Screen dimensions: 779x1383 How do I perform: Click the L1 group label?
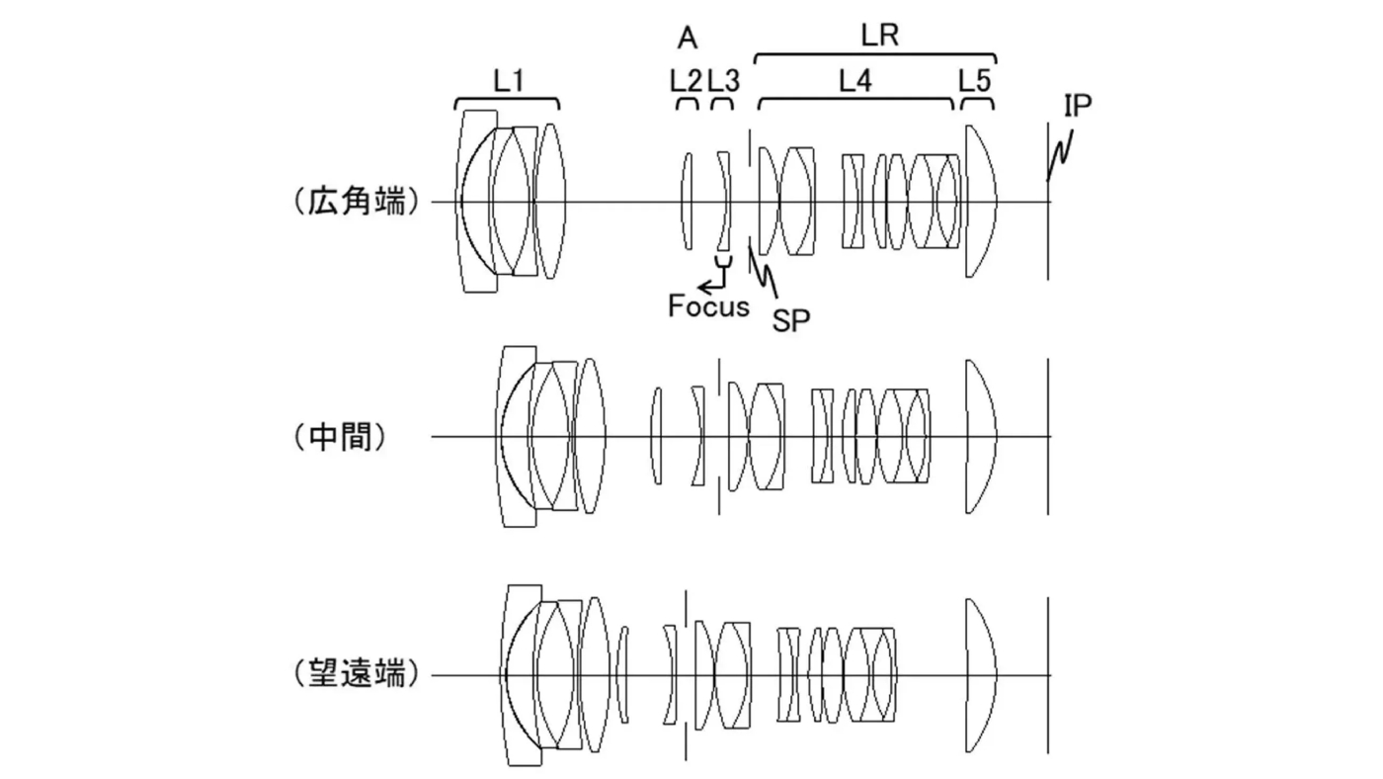tap(508, 81)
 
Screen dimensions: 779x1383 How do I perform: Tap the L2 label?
tap(685, 81)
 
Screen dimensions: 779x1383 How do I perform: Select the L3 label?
tap(723, 81)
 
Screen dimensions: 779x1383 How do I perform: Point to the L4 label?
tap(855, 81)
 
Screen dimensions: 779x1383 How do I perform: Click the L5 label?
tap(974, 81)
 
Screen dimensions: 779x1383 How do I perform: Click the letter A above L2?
tap(688, 39)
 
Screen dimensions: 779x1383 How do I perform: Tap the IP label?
tap(1078, 106)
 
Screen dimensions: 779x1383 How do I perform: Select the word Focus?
tap(708, 306)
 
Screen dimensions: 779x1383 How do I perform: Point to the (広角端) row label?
tap(356, 203)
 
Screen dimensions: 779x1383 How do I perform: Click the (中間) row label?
tap(339, 437)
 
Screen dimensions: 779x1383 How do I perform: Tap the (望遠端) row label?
tap(356, 675)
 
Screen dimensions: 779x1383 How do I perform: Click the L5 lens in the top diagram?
tap(980, 202)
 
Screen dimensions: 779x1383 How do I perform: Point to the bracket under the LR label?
tap(875, 55)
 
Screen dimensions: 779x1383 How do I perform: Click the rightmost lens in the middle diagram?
tap(981, 436)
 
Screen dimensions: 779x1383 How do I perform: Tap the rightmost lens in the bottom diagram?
tap(981, 675)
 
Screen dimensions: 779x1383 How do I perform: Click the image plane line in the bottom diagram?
tap(1048, 675)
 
